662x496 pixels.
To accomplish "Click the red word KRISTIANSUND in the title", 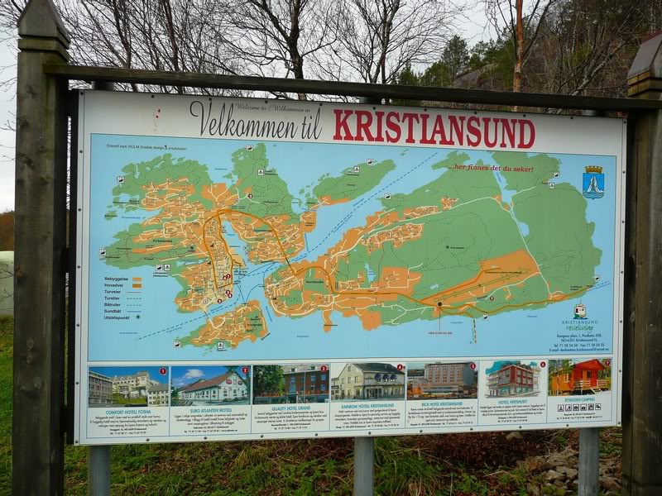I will [x=434, y=129].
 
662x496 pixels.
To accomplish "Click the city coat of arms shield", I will [x=592, y=182].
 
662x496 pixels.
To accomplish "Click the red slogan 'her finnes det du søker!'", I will [x=493, y=168].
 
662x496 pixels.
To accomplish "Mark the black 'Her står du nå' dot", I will [x=439, y=304].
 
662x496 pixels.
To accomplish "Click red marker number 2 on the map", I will [x=249, y=197].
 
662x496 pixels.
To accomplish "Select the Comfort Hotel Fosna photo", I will [x=128, y=386].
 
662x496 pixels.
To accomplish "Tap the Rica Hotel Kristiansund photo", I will [x=441, y=379].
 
